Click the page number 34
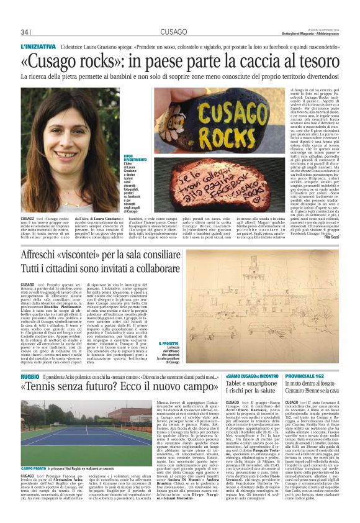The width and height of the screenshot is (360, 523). [25, 32]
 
